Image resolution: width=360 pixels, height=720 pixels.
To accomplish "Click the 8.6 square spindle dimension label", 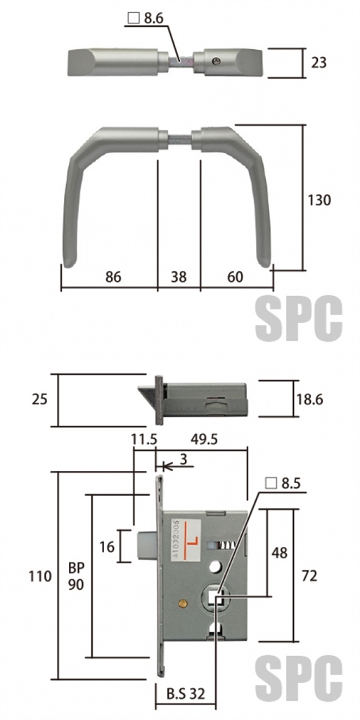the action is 146,19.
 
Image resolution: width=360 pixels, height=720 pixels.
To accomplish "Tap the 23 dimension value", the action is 319,63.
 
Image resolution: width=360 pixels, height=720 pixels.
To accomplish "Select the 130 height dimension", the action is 319,200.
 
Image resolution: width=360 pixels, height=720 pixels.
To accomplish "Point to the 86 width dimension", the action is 113,277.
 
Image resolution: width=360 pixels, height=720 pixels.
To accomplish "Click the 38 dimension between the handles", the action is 179,277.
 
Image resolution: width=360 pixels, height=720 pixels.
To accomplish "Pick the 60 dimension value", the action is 235,277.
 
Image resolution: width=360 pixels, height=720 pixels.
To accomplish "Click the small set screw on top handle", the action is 217,60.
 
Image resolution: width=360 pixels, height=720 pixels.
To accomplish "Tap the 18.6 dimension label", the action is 309,399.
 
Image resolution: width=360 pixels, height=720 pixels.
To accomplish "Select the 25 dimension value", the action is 40,399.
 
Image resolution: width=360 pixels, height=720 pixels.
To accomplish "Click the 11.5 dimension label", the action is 144,439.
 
